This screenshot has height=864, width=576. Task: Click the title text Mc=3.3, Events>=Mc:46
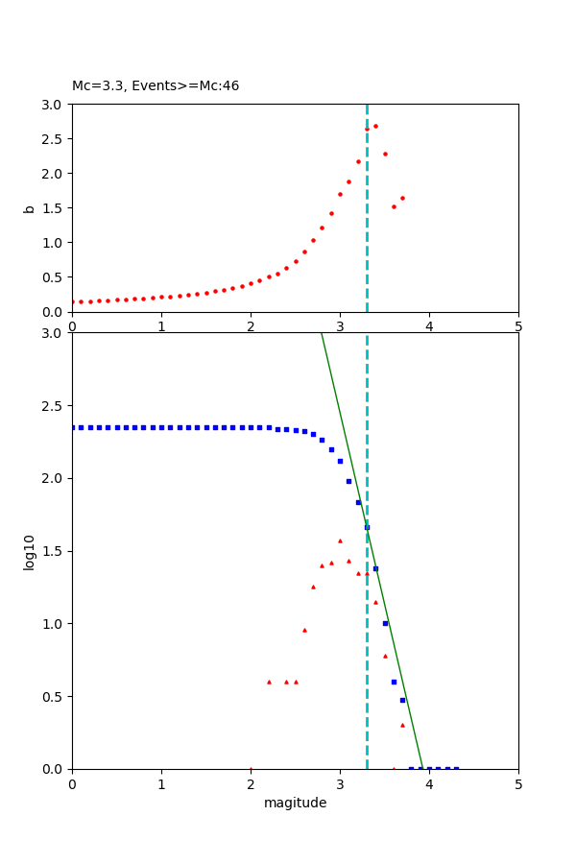(x=156, y=86)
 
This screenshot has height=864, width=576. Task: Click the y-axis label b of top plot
(x=30, y=208)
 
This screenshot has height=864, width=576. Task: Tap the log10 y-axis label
(x=30, y=552)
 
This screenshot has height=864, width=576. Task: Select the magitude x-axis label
(x=295, y=804)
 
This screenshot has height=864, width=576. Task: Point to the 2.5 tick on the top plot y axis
(x=56, y=139)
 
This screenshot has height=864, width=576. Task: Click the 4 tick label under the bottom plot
(x=429, y=785)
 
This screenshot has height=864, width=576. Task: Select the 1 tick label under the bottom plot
(x=161, y=785)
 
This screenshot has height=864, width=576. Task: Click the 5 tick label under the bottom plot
(x=518, y=785)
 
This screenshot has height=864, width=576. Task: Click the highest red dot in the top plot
(x=375, y=126)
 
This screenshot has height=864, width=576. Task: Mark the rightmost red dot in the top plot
(x=402, y=198)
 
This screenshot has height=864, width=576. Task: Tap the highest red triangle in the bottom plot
(x=340, y=540)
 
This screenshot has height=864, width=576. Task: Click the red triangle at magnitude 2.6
(x=304, y=630)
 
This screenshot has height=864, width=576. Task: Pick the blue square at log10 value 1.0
(x=385, y=623)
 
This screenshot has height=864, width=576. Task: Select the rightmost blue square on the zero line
(x=456, y=769)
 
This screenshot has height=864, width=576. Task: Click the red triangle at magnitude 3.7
(x=402, y=725)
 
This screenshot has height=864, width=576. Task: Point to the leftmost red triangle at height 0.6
(x=269, y=682)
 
